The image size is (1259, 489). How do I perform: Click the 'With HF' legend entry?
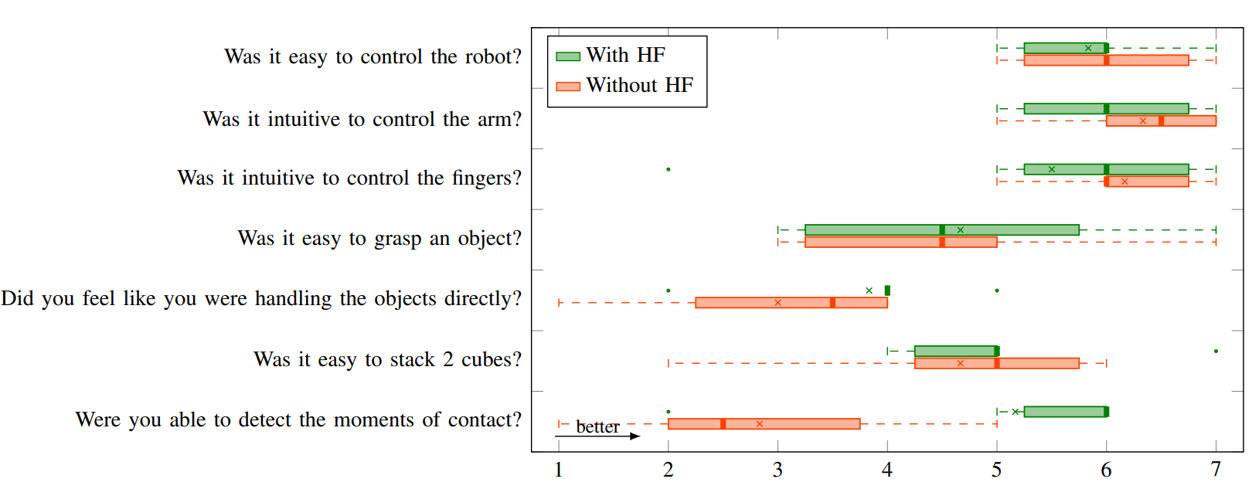pos(624,56)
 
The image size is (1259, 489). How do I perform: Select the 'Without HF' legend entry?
pos(638,85)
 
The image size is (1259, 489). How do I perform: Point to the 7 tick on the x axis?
pos(1216,469)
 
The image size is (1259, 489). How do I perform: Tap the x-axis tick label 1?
pos(558,469)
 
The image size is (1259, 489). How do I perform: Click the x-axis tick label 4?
pos(887,469)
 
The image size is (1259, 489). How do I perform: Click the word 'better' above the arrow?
pos(597,426)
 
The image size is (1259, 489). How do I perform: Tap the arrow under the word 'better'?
pos(597,436)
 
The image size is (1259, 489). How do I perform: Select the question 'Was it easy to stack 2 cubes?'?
pos(387,359)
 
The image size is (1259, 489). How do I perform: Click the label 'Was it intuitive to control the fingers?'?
pos(349,178)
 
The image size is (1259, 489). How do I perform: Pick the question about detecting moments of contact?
pos(298,419)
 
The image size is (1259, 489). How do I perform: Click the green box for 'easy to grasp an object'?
pos(941,229)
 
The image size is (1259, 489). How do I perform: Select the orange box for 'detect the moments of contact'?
pos(764,424)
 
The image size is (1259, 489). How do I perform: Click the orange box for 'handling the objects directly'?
pos(791,303)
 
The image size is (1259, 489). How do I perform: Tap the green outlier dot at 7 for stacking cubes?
pos(1216,351)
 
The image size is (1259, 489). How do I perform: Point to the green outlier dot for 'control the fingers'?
pos(668,169)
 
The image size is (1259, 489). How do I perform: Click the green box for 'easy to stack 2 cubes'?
pos(956,351)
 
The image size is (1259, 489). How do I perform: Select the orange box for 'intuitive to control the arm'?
pos(1161,121)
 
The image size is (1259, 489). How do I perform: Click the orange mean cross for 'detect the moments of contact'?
pos(759,424)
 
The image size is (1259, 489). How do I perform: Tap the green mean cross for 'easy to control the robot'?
pos(1088,48)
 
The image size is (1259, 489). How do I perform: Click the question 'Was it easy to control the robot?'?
pos(373,56)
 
